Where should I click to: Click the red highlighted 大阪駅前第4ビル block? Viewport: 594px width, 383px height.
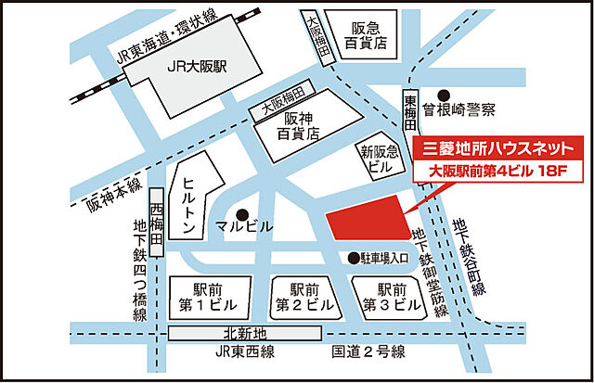368,222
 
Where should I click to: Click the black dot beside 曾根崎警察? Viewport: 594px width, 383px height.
444,95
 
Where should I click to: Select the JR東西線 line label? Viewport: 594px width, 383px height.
246,352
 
